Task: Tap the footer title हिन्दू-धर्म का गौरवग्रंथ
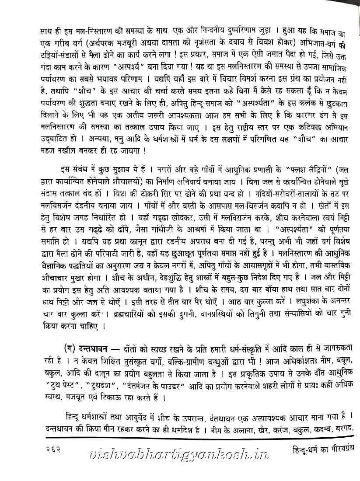pyautogui.click(x=324, y=448)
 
